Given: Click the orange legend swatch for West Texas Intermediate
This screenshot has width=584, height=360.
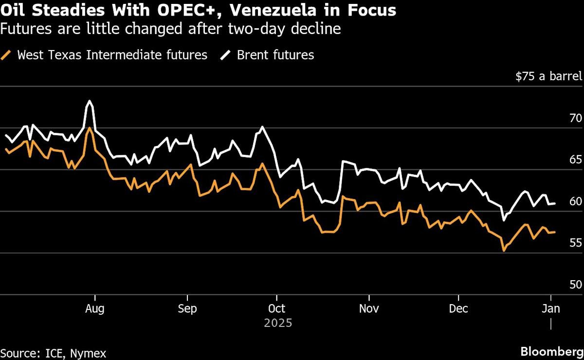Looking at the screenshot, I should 6,55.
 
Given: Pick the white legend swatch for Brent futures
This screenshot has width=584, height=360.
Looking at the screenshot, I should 226,55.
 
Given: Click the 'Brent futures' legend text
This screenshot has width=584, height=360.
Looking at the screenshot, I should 275,55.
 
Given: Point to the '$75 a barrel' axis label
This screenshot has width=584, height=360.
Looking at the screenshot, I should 548,76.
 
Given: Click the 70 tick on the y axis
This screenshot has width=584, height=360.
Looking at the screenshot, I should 576,118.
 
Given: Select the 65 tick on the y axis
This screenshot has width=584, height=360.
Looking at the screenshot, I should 576,160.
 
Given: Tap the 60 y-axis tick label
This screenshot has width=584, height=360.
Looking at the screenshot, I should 576,201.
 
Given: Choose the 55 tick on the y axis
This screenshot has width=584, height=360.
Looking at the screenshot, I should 576,243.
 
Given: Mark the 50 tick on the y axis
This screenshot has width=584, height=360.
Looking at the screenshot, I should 576,285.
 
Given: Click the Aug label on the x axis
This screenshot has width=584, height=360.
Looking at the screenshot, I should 94,309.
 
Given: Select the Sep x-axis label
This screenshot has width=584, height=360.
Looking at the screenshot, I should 187,309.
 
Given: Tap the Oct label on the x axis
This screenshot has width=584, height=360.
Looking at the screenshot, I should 276,309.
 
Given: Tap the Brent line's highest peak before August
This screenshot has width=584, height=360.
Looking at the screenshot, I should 89,101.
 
